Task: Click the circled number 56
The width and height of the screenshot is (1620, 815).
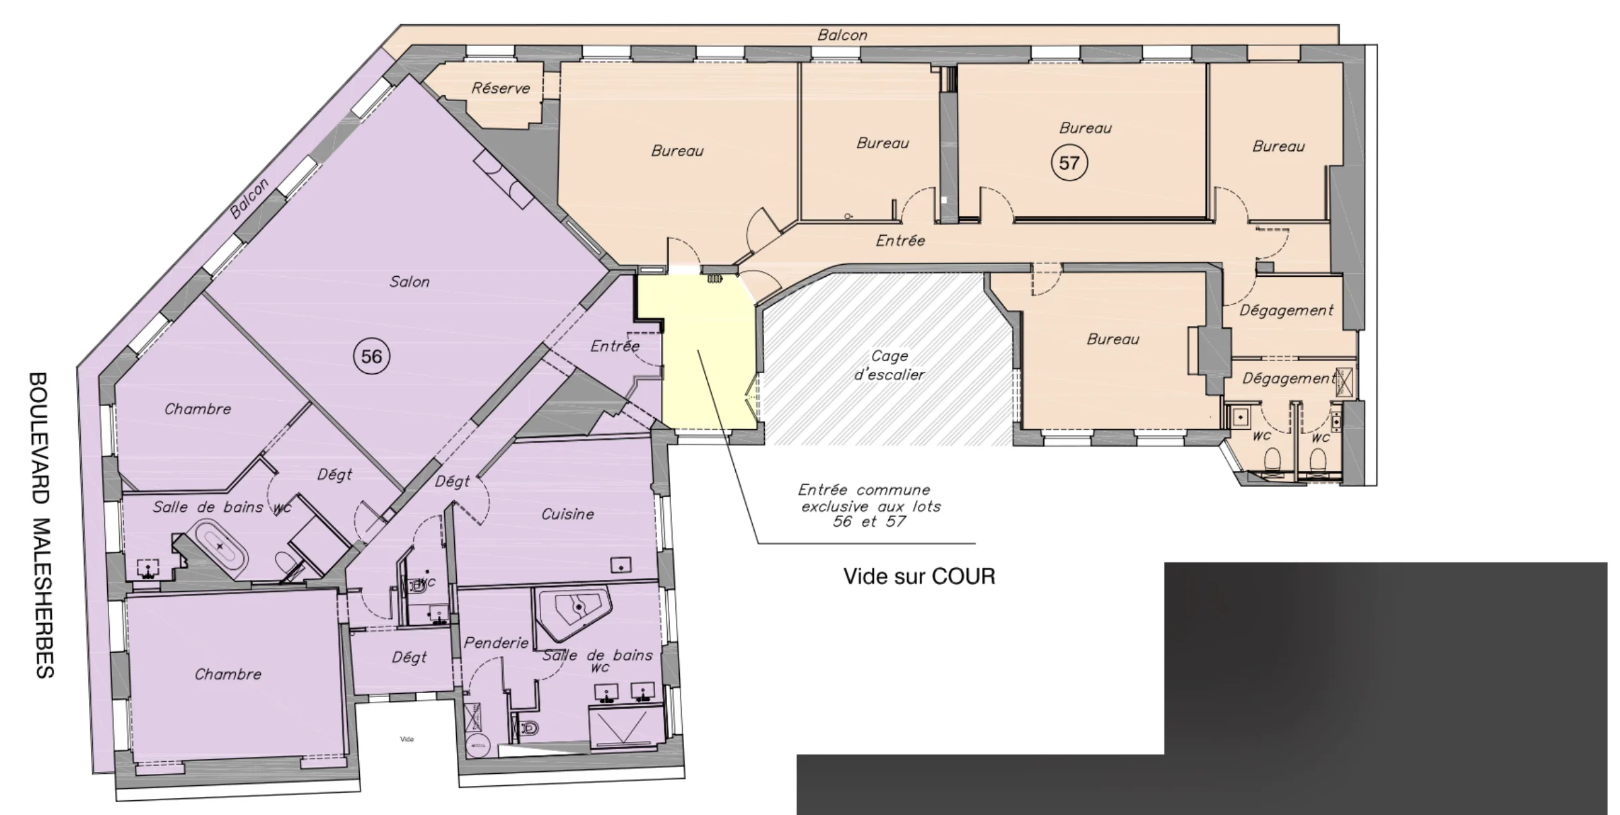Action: [371, 356]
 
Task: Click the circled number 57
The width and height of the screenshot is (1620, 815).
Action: [1069, 163]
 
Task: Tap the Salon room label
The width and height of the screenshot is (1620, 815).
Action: [409, 282]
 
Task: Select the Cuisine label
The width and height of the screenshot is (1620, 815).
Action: [567, 514]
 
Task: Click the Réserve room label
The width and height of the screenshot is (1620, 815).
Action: [500, 88]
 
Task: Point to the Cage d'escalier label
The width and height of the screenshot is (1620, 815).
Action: [890, 365]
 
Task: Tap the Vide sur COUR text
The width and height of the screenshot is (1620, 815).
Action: [919, 577]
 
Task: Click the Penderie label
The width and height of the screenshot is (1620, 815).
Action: [495, 643]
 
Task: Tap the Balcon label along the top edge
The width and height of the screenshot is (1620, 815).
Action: [842, 35]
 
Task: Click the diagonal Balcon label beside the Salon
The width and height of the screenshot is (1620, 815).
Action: [249, 199]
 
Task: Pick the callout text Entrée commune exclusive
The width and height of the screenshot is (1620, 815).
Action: [869, 506]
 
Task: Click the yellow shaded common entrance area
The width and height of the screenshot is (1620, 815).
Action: [708, 377]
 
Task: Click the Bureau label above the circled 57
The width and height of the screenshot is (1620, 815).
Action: [1085, 128]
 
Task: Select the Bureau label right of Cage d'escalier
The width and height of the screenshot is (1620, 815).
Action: [1113, 339]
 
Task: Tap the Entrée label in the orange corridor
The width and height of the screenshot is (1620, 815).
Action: [900, 240]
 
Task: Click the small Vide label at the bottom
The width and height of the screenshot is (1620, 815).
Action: [407, 739]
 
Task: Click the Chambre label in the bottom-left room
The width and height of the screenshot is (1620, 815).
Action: [228, 674]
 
